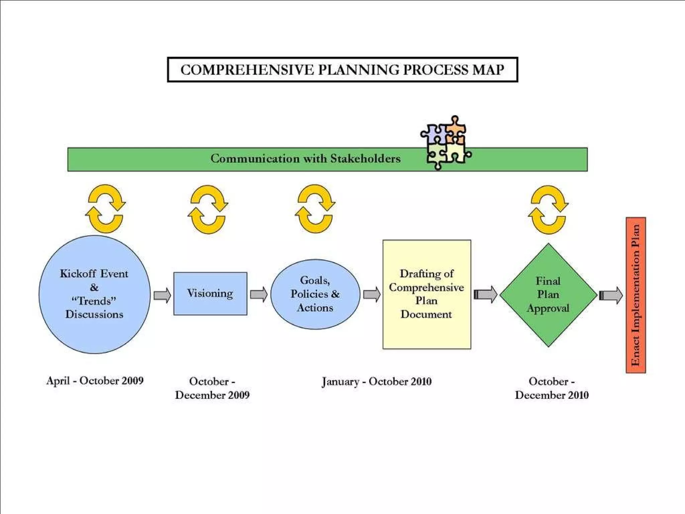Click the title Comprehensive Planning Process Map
click(x=342, y=70)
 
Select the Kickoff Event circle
click(x=95, y=294)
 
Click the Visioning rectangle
click(x=210, y=293)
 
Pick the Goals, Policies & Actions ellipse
click(x=315, y=294)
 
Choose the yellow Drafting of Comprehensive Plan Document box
click(x=426, y=294)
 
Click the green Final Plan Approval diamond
click(x=548, y=294)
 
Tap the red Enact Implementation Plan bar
click(x=635, y=295)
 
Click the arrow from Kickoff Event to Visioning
click(x=162, y=295)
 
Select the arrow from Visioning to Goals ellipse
click(x=259, y=294)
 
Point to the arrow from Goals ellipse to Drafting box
click(x=372, y=294)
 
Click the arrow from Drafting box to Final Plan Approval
click(x=486, y=294)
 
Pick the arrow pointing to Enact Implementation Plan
click(x=611, y=295)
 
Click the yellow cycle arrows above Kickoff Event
click(x=105, y=208)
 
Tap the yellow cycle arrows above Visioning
click(x=208, y=209)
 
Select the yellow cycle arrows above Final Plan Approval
click(x=548, y=210)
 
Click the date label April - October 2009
click(x=95, y=380)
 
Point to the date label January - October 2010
click(x=377, y=381)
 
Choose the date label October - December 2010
click(x=552, y=388)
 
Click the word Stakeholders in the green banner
click(x=365, y=159)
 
